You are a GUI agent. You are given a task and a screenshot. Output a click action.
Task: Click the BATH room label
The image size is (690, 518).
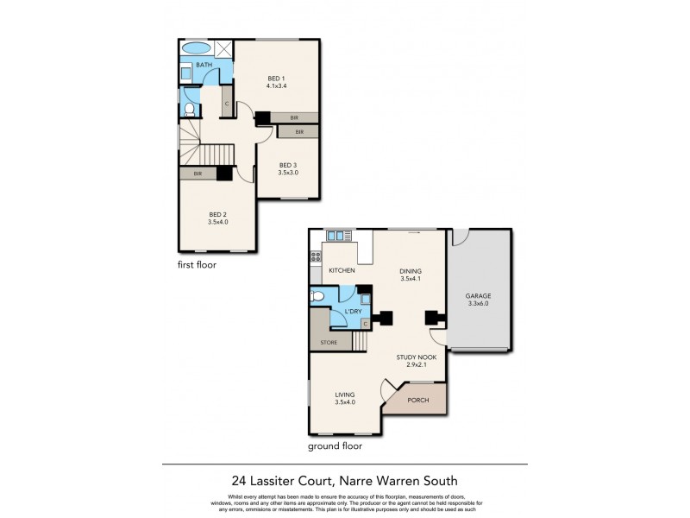pos(204,65)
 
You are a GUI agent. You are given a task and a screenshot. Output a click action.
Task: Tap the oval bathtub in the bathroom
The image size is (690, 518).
pos(197,48)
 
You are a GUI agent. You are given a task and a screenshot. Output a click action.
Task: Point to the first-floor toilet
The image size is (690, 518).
pos(191,109)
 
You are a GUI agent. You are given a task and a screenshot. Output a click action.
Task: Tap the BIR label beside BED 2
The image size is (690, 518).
pos(198,174)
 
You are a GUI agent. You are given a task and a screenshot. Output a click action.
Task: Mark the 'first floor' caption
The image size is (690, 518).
pos(198,265)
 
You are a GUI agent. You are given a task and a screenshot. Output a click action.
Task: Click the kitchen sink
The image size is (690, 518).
pos(336,235)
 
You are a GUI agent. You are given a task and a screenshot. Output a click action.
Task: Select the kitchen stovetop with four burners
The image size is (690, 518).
pos(316,256)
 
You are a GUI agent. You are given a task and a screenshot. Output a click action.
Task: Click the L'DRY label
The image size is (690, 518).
pos(352,310)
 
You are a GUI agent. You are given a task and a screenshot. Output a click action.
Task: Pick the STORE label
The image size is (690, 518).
pos(329,343)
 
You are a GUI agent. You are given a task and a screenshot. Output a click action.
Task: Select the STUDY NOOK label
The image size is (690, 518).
pos(417,357)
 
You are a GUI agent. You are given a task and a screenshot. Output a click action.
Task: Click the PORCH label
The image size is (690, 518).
pos(417,401)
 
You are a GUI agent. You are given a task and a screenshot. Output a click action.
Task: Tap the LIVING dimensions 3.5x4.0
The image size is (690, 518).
pos(345,402)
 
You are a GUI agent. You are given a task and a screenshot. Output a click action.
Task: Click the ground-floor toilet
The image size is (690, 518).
pos(317,297)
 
